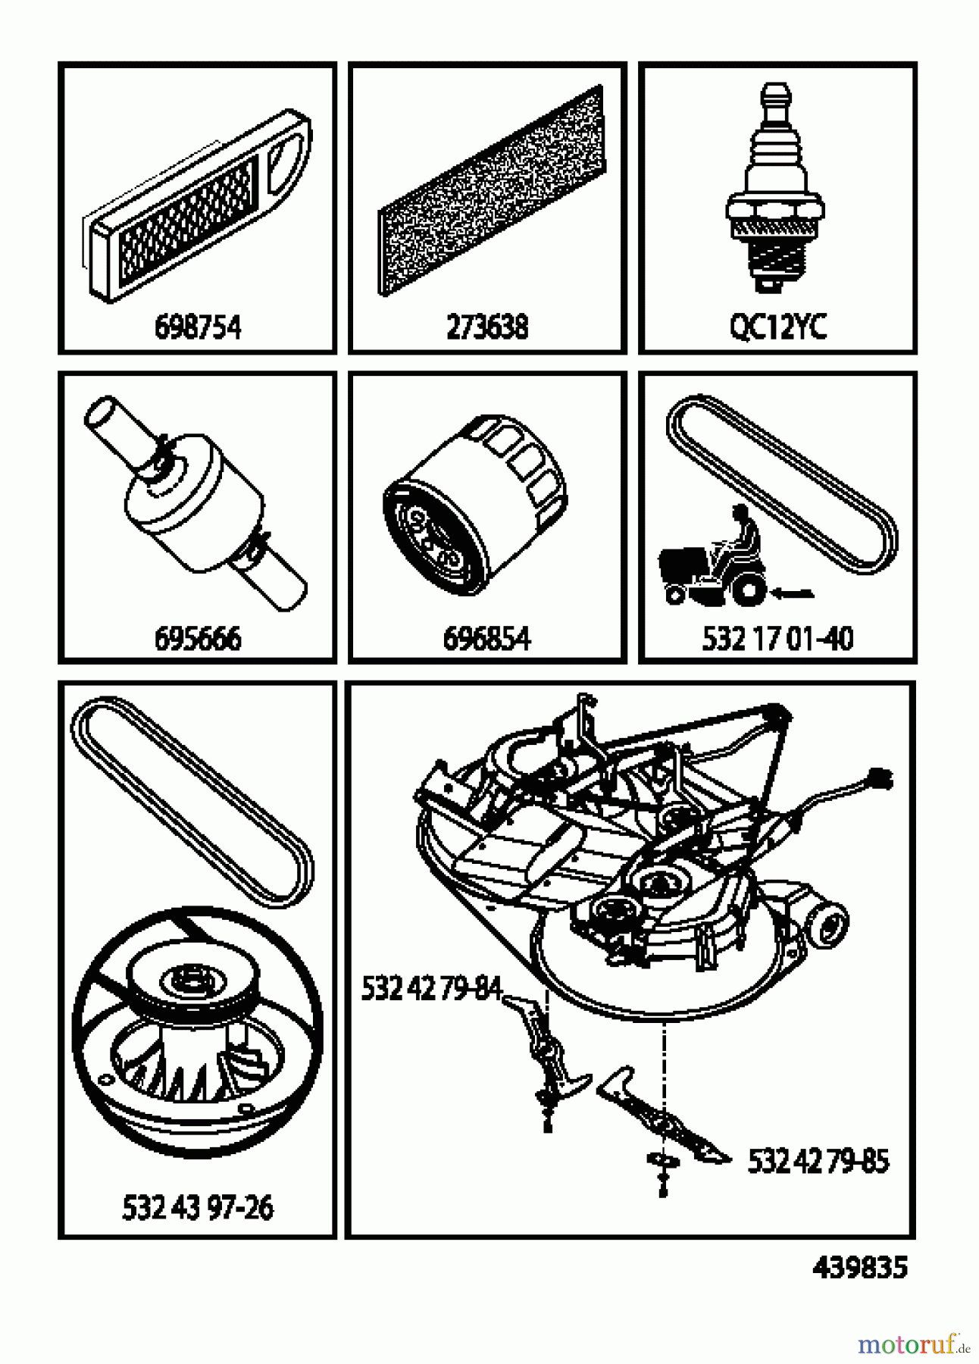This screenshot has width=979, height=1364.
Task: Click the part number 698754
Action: [x=197, y=328]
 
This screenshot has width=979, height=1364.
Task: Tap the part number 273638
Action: [x=487, y=328]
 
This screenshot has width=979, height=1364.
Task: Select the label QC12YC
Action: [x=777, y=328]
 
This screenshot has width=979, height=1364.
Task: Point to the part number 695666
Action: [x=197, y=639]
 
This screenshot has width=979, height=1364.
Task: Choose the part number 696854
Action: [x=487, y=639]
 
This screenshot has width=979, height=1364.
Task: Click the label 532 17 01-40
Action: [x=777, y=639]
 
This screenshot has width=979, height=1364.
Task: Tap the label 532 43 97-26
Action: [x=197, y=1207]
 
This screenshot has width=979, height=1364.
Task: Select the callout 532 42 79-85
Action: [x=818, y=1161]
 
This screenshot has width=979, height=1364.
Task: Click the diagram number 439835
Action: [x=859, y=1267]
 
